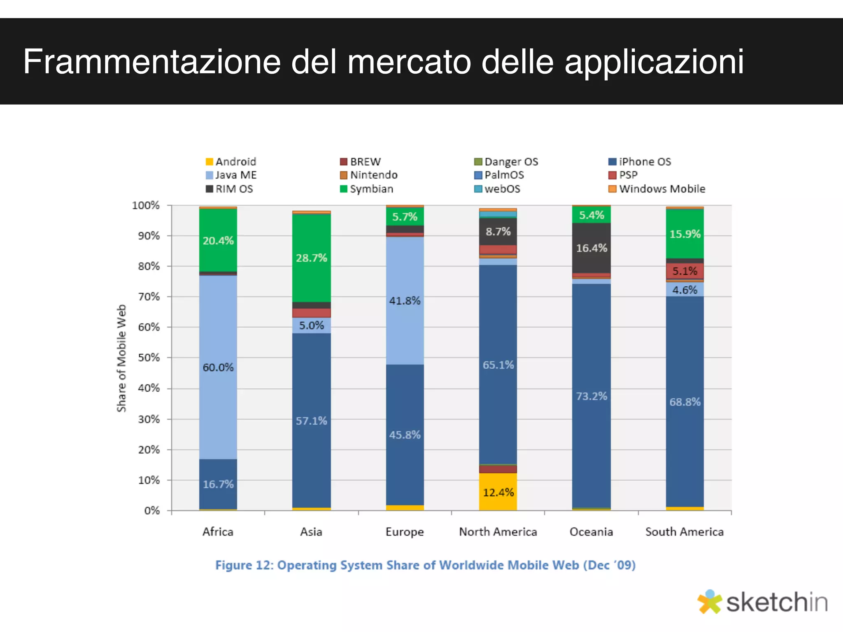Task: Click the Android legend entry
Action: click(231, 162)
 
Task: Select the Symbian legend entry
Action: click(367, 189)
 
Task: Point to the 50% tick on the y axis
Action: click(149, 358)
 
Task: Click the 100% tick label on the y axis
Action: click(146, 205)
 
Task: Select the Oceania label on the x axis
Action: click(591, 532)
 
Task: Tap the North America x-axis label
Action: click(498, 532)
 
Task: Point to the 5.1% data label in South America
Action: click(685, 271)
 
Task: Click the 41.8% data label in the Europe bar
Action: click(405, 301)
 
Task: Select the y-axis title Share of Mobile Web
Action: click(121, 358)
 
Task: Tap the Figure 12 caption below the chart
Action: click(425, 565)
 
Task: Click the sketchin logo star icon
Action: click(709, 602)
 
